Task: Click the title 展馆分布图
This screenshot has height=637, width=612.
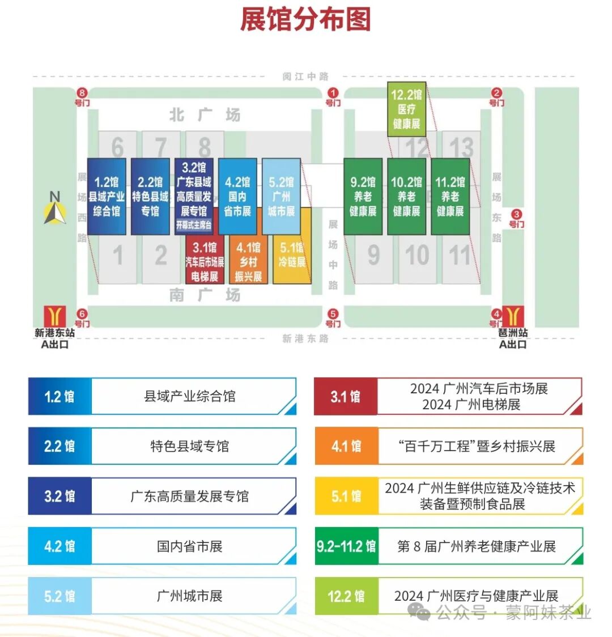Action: pos(305,19)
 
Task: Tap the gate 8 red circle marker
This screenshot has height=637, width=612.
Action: pos(83,93)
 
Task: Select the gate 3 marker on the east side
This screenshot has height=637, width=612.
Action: pos(516,214)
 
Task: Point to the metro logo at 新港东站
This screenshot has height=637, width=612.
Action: pos(55,316)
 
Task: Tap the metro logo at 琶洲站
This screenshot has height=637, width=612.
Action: pos(513,316)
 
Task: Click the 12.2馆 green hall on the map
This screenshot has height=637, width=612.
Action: pos(406,109)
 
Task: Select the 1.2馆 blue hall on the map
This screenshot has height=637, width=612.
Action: pos(107,196)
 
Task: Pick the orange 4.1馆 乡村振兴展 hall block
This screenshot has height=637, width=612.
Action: pos(248,261)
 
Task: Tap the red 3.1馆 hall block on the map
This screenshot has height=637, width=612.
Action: pos(205,261)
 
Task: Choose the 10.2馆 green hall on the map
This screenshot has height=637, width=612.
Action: pos(406,196)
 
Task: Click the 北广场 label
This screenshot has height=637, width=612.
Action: pos(205,115)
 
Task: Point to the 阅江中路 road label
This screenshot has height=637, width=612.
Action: pos(305,77)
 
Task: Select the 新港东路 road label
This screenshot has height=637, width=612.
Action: pos(305,338)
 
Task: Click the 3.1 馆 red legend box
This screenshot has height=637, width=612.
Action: pos(346,397)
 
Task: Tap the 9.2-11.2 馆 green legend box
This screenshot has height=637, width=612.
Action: pos(346,546)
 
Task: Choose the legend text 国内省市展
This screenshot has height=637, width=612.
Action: pos(190,546)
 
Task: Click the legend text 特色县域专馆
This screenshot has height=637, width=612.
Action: pos(190,447)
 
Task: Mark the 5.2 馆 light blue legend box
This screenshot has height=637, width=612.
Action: pos(59,596)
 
